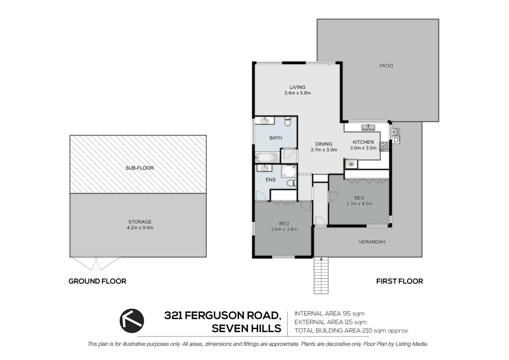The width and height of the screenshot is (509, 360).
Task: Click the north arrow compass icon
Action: [x=132, y=320]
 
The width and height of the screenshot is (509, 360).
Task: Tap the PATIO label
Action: [x=386, y=66]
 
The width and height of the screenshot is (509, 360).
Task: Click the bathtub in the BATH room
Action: [x=267, y=158]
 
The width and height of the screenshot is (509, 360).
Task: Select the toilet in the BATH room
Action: [x=288, y=122]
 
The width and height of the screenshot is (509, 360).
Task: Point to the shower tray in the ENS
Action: [x=289, y=171]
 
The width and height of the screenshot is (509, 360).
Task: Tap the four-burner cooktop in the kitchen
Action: [x=384, y=146]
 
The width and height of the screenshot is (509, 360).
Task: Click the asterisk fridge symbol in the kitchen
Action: [x=351, y=164]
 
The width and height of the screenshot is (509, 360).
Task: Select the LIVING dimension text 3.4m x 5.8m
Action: [x=297, y=93]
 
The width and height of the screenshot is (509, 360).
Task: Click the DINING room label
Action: [x=324, y=144]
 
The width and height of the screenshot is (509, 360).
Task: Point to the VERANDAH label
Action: [x=372, y=242]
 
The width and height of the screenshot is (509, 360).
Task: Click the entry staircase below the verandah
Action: [x=322, y=275]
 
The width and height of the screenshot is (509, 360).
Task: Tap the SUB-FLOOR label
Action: [x=140, y=168]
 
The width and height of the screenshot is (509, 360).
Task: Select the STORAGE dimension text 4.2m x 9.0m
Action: [x=140, y=228]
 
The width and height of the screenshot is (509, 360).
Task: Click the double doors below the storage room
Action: [x=96, y=264]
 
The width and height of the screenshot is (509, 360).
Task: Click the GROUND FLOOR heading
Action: [x=97, y=281]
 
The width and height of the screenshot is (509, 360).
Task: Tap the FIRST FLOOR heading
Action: [x=400, y=281]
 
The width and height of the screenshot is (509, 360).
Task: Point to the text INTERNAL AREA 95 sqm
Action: [x=330, y=314]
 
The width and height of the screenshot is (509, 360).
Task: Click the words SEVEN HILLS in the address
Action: [x=247, y=329]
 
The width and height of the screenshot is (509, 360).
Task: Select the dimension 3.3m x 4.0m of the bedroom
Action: [x=359, y=204]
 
